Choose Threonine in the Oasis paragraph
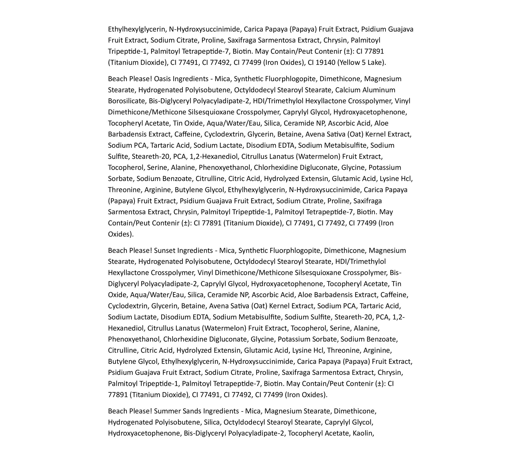point(125,190)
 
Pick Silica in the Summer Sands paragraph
point(212,422)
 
